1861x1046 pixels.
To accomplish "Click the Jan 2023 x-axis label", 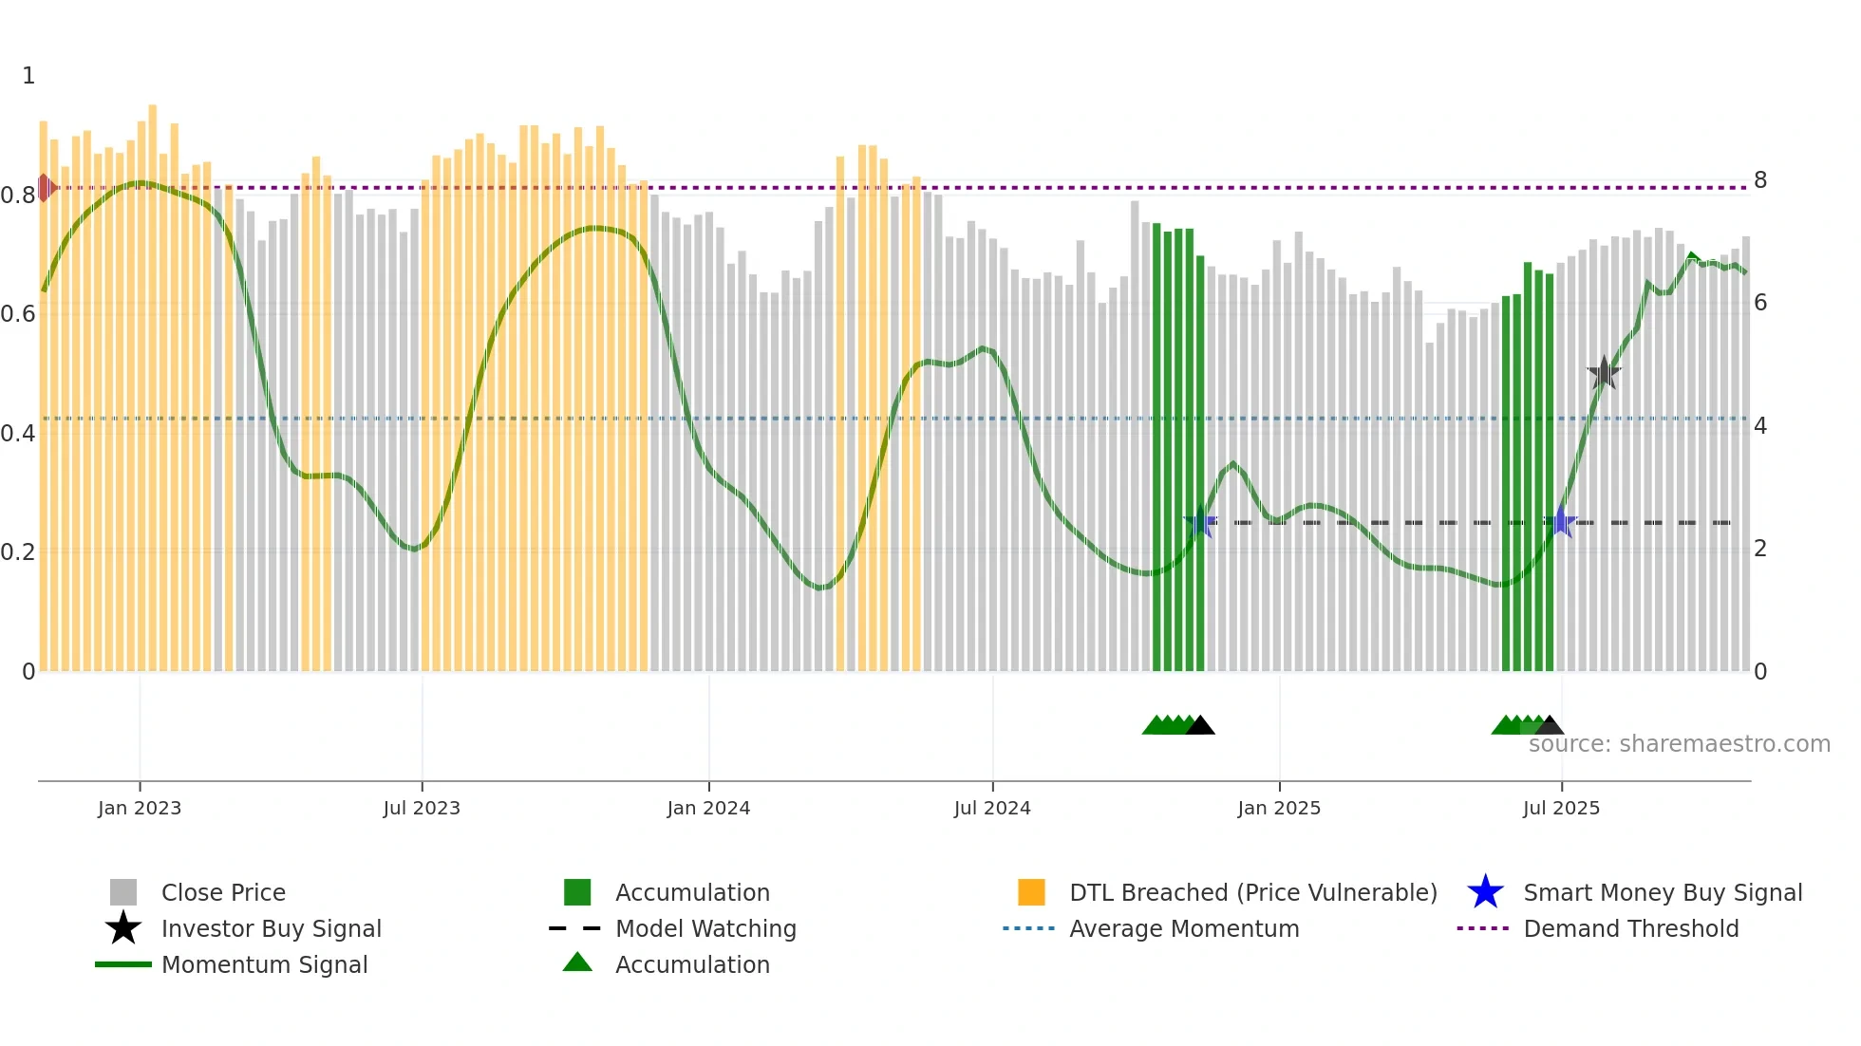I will [140, 808].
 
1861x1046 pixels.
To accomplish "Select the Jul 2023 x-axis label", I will [422, 808].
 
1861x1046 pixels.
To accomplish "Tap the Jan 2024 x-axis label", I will [708, 808].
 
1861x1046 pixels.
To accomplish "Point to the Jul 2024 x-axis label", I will [992, 808].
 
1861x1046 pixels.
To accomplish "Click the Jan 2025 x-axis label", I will [1279, 808].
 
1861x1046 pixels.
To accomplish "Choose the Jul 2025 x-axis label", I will [1561, 808].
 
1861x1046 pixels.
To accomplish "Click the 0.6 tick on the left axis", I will [18, 314].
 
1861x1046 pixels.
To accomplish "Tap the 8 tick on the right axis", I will [1760, 180].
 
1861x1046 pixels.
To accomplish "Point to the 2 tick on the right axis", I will [1760, 549].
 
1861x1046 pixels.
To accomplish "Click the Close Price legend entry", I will [223, 892].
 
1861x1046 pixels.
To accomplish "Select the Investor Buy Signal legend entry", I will [271, 928].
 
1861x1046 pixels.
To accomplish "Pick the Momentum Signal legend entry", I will [264, 964].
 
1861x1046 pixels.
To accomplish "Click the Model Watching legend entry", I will [705, 928].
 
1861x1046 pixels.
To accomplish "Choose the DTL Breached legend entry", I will [1252, 892].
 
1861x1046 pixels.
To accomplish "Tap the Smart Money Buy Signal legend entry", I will [1663, 892].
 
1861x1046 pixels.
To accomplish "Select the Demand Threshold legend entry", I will [1630, 928].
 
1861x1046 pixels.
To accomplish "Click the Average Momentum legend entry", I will [1184, 928].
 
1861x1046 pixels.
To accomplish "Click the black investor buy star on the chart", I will [1604, 373].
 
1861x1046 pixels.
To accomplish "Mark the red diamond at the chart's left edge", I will [45, 188].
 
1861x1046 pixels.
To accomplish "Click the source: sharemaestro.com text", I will [1679, 744].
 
